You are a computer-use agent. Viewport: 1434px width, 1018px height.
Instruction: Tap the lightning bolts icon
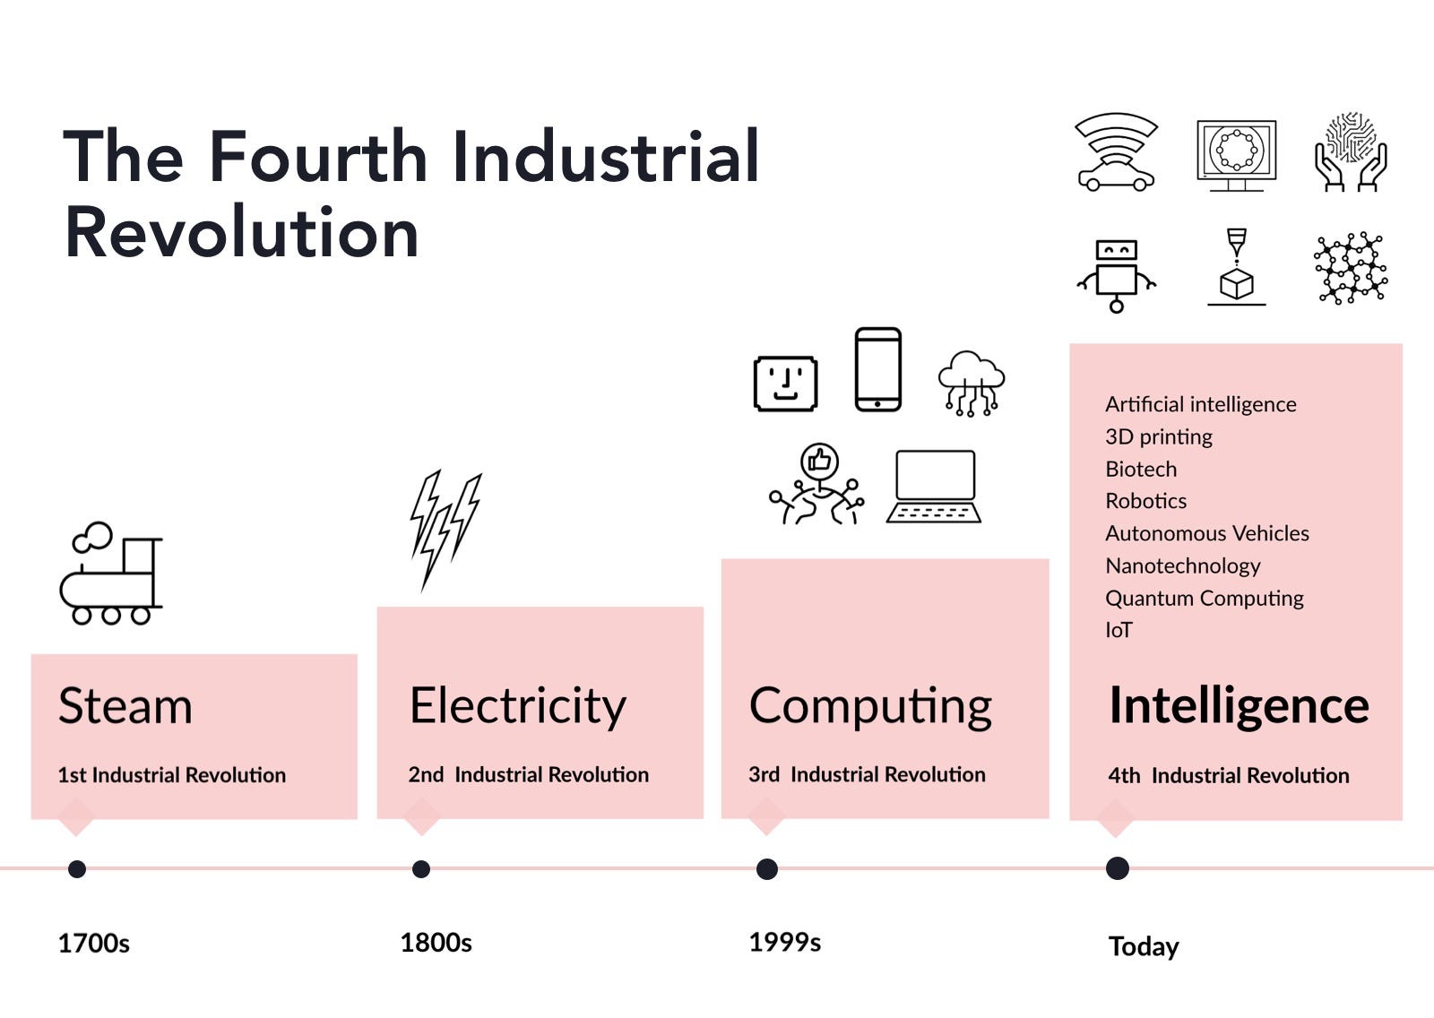click(445, 531)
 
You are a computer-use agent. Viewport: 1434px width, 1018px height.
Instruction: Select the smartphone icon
click(877, 369)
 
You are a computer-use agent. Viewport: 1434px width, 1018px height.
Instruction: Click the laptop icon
click(934, 487)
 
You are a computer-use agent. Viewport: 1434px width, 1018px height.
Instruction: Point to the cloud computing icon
click(972, 383)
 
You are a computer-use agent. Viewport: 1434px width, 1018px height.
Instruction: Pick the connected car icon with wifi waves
click(1116, 152)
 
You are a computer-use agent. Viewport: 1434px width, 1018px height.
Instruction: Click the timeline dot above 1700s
click(77, 869)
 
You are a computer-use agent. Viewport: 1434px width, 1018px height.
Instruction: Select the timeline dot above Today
click(1117, 868)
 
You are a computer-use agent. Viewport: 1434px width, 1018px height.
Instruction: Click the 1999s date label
click(785, 943)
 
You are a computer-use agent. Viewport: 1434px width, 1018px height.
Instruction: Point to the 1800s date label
click(436, 943)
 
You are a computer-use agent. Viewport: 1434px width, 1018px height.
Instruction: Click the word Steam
click(125, 705)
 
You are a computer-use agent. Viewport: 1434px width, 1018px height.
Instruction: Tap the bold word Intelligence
click(1239, 706)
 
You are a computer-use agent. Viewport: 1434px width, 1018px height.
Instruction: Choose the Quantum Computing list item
click(1205, 598)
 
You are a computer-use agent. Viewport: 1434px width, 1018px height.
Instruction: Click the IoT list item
click(1119, 630)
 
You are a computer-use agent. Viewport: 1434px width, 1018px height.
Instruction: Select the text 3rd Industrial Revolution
click(867, 775)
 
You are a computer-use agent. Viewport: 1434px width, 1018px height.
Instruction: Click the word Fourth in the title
click(318, 156)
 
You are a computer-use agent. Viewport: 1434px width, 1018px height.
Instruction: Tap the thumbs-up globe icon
click(816, 484)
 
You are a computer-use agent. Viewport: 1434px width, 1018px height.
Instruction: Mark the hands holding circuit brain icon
click(1351, 151)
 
